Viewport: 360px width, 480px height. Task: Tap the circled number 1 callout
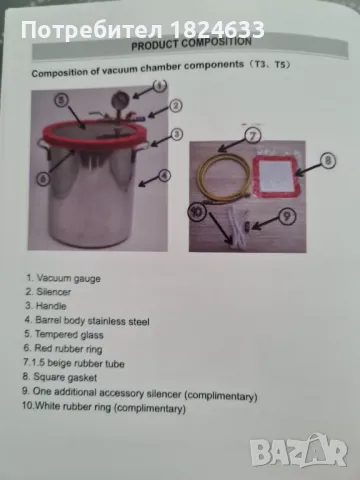(x=160, y=86)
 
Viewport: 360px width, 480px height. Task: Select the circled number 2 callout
(x=176, y=106)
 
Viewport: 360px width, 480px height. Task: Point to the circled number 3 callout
(x=177, y=134)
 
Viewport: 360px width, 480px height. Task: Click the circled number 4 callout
(x=164, y=175)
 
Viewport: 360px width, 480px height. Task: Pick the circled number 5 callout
(x=61, y=100)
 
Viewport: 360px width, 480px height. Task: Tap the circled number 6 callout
(x=43, y=179)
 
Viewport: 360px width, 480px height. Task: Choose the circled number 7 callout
(x=253, y=136)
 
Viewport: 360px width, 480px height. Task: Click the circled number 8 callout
(x=328, y=161)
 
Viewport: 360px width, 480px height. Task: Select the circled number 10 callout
(x=197, y=212)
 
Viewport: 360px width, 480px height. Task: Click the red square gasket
(x=276, y=177)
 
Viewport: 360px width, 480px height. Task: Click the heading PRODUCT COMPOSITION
(x=191, y=44)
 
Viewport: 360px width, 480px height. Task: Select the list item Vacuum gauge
(x=63, y=278)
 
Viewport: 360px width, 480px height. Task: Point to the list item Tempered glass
(x=64, y=334)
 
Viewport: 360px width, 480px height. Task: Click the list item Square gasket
(x=60, y=377)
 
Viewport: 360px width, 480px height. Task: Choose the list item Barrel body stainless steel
(x=87, y=321)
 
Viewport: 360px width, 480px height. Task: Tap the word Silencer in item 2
(x=54, y=292)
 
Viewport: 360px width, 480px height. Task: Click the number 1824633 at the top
(x=217, y=30)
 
